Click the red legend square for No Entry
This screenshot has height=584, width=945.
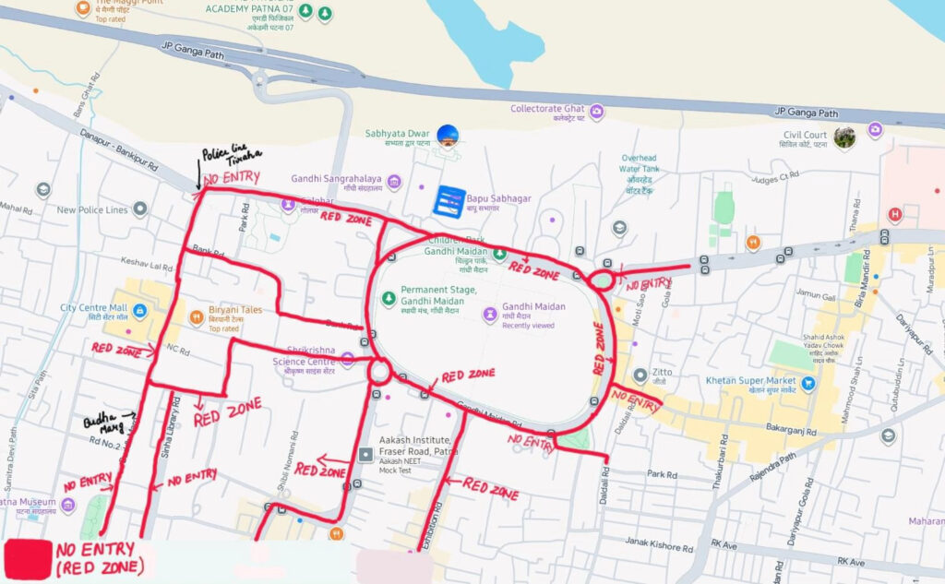29,559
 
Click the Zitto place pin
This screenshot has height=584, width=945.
640,375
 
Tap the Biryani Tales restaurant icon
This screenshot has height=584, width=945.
196,318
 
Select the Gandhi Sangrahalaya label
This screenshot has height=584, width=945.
336,179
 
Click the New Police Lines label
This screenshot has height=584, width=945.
91,210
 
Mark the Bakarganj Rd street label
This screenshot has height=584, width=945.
791,429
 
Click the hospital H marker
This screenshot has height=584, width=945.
893,216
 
